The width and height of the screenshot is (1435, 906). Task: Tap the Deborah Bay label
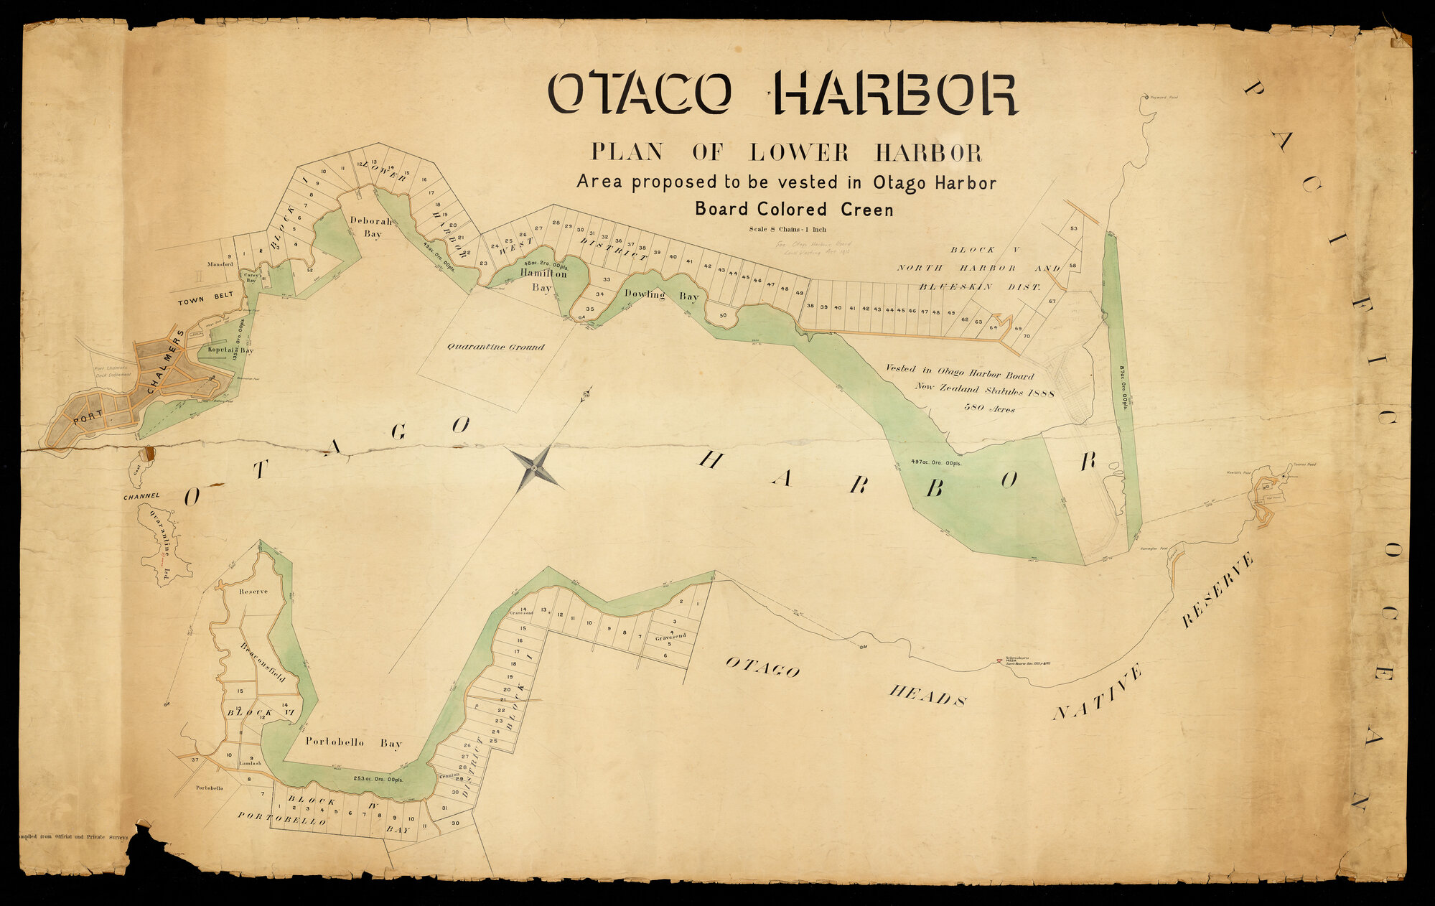[x=371, y=227]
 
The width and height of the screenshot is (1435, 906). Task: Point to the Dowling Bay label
[x=661, y=294]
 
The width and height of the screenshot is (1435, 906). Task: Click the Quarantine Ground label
[x=496, y=347]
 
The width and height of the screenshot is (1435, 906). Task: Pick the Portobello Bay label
[x=354, y=744]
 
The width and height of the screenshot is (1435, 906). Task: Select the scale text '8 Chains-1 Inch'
[x=787, y=230]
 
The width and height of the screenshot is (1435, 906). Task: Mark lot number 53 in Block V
[x=1073, y=229]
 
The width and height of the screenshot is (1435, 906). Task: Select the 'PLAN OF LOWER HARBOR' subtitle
[x=786, y=152]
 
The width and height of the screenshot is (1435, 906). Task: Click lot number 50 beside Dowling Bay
[x=723, y=315]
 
